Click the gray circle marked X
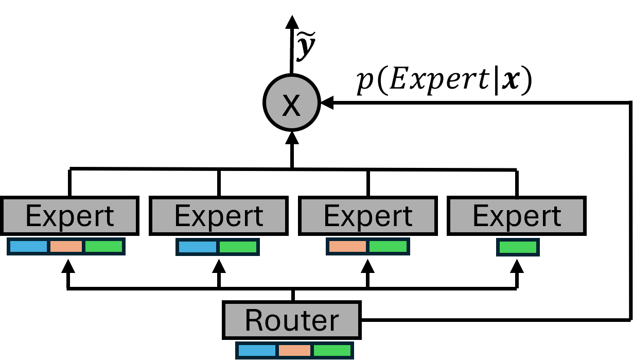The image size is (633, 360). [291, 102]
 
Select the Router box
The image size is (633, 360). [291, 320]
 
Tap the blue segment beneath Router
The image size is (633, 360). [257, 350]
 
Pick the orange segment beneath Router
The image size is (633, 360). [294, 350]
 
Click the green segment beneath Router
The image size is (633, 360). [332, 350]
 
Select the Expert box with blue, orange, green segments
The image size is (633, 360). [69, 216]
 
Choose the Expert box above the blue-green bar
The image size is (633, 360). [218, 216]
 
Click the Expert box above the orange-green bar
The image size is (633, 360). [367, 216]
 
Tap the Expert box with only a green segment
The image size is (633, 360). [516, 216]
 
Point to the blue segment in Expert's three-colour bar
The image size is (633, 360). [28, 246]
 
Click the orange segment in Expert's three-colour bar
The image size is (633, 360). [66, 246]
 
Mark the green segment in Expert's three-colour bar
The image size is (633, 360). [103, 246]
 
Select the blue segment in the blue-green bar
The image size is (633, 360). [197, 247]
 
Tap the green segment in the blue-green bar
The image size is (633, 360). [238, 247]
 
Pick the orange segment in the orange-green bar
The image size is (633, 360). [347, 246]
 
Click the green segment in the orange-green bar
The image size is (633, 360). [388, 246]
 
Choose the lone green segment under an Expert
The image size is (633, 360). [518, 247]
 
